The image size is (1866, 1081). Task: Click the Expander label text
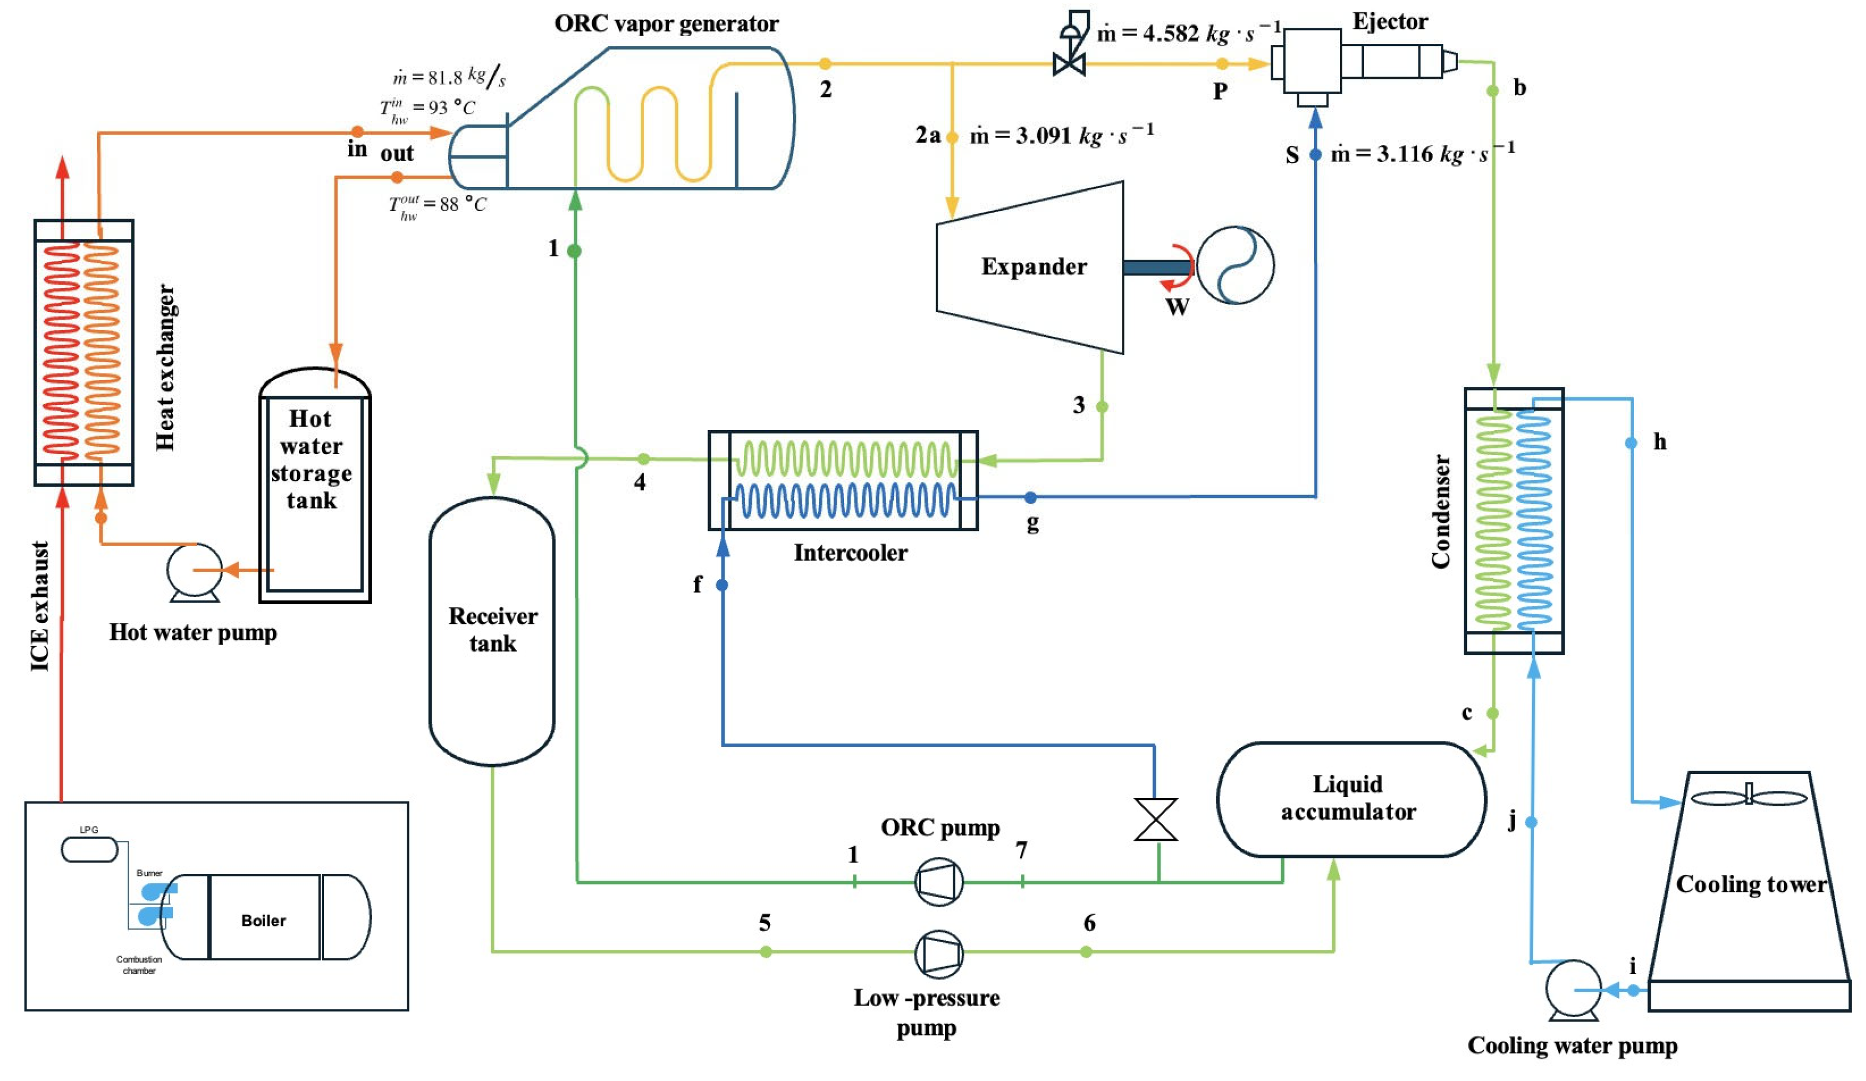[1034, 266]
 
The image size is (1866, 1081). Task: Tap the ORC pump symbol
[939, 881]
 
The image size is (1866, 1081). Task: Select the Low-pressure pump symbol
[939, 954]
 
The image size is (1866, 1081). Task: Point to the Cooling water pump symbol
[1573, 988]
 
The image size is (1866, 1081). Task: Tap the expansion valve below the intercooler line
[1155, 819]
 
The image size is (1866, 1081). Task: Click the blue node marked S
[1315, 155]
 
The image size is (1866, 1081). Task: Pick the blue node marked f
[722, 585]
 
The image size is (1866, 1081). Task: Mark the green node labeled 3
[1102, 407]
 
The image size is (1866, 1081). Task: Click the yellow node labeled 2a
[952, 137]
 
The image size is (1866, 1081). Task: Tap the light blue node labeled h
[1631, 443]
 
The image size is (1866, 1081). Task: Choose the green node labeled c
[1493, 713]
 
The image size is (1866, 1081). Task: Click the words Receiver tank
[492, 629]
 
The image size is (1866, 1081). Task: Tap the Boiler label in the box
[264, 920]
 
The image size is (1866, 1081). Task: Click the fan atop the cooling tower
[1749, 798]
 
